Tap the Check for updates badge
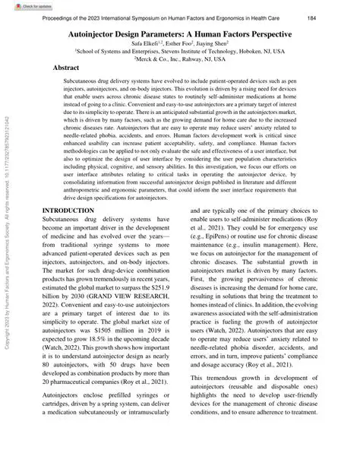point(24,5)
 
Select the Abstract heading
point(67,68)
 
